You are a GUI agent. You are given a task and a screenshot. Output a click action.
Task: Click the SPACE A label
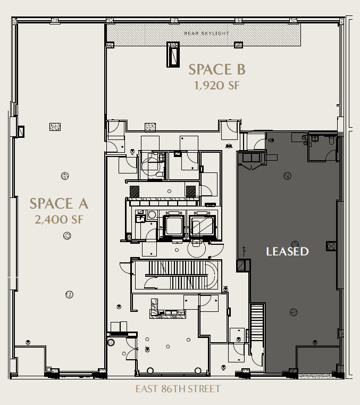point(58,203)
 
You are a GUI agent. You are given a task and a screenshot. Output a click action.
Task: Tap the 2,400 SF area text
point(58,219)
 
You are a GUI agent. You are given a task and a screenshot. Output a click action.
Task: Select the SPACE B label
point(217,69)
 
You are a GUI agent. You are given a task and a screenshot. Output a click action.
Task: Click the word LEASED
point(287,251)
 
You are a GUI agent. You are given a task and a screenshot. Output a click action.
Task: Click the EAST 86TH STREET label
point(178,389)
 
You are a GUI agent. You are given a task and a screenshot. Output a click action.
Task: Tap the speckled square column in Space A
point(55,127)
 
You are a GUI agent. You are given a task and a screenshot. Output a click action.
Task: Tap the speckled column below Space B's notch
point(150,127)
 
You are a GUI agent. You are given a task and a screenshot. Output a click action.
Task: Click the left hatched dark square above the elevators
point(136,191)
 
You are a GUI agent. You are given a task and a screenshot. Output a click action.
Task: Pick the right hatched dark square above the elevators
point(190,191)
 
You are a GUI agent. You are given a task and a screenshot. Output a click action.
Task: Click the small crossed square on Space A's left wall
point(21,130)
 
